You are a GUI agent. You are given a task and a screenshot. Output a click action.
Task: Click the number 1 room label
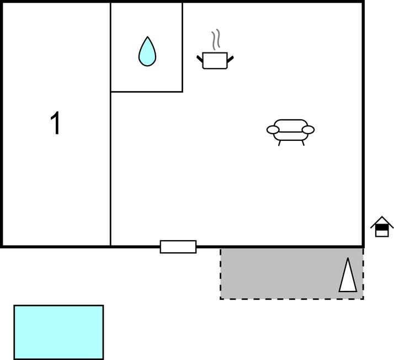pyautogui.click(x=55, y=123)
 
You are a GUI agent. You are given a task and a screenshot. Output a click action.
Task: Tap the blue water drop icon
pyautogui.click(x=147, y=53)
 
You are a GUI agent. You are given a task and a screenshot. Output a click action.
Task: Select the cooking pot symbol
pyautogui.click(x=215, y=60)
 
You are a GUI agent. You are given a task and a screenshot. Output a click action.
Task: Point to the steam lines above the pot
pyautogui.click(x=216, y=40)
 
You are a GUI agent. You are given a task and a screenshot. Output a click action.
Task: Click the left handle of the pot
pyautogui.click(x=200, y=57)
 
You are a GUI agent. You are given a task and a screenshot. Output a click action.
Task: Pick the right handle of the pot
pyautogui.click(x=230, y=57)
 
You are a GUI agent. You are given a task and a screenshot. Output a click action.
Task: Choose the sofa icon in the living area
pyautogui.click(x=291, y=131)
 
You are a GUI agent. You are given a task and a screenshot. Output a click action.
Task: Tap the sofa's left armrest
pyautogui.click(x=273, y=130)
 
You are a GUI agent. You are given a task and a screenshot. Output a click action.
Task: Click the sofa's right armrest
pyautogui.click(x=308, y=130)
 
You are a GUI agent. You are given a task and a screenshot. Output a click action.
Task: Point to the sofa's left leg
pyautogui.click(x=280, y=143)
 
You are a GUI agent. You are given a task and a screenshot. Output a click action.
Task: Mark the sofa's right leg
pyautogui.click(x=302, y=143)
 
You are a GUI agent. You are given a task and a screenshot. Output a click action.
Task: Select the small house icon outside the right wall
pyautogui.click(x=382, y=227)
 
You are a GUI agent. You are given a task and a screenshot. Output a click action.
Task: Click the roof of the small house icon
pyautogui.click(x=382, y=221)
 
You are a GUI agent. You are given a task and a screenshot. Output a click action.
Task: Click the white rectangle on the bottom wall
pyautogui.click(x=178, y=247)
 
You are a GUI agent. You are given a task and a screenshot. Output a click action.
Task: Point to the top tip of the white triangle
pyautogui.click(x=348, y=259)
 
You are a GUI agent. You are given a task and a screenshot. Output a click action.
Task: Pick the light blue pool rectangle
pyautogui.click(x=58, y=332)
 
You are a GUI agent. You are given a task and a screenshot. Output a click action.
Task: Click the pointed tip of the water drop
pyautogui.click(x=147, y=38)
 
